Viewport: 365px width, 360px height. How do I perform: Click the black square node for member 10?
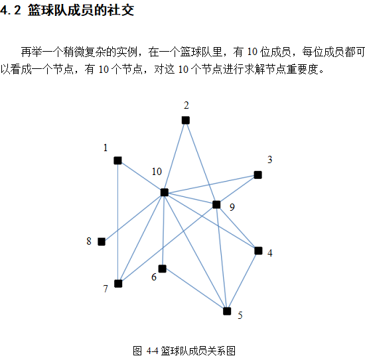point(165,192)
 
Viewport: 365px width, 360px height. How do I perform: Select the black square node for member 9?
point(216,205)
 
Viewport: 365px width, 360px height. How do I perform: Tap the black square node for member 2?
point(186,120)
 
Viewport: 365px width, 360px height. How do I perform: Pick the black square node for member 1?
point(117,160)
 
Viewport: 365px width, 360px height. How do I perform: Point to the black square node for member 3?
point(257,175)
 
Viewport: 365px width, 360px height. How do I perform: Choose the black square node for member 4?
point(258,251)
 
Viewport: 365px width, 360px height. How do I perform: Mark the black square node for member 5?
point(227,311)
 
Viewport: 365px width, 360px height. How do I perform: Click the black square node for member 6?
point(162,269)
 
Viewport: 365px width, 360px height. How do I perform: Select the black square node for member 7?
point(118,284)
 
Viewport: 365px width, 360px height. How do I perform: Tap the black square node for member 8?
point(102,242)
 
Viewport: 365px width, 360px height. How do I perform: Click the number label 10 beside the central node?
point(157,172)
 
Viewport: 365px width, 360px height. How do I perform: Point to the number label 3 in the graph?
point(270,160)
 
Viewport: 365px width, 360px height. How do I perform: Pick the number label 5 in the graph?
point(240,316)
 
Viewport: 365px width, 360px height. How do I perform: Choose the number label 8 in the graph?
point(89,241)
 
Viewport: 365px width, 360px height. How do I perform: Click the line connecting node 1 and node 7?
point(118,222)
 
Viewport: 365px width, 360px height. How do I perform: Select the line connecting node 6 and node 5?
point(194,290)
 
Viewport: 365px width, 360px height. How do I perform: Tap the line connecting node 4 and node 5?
point(242,281)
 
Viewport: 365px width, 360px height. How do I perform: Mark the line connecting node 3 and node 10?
point(211,184)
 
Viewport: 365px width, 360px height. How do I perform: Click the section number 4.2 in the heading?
point(11,10)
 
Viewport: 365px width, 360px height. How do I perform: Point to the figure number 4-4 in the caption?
point(152,351)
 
